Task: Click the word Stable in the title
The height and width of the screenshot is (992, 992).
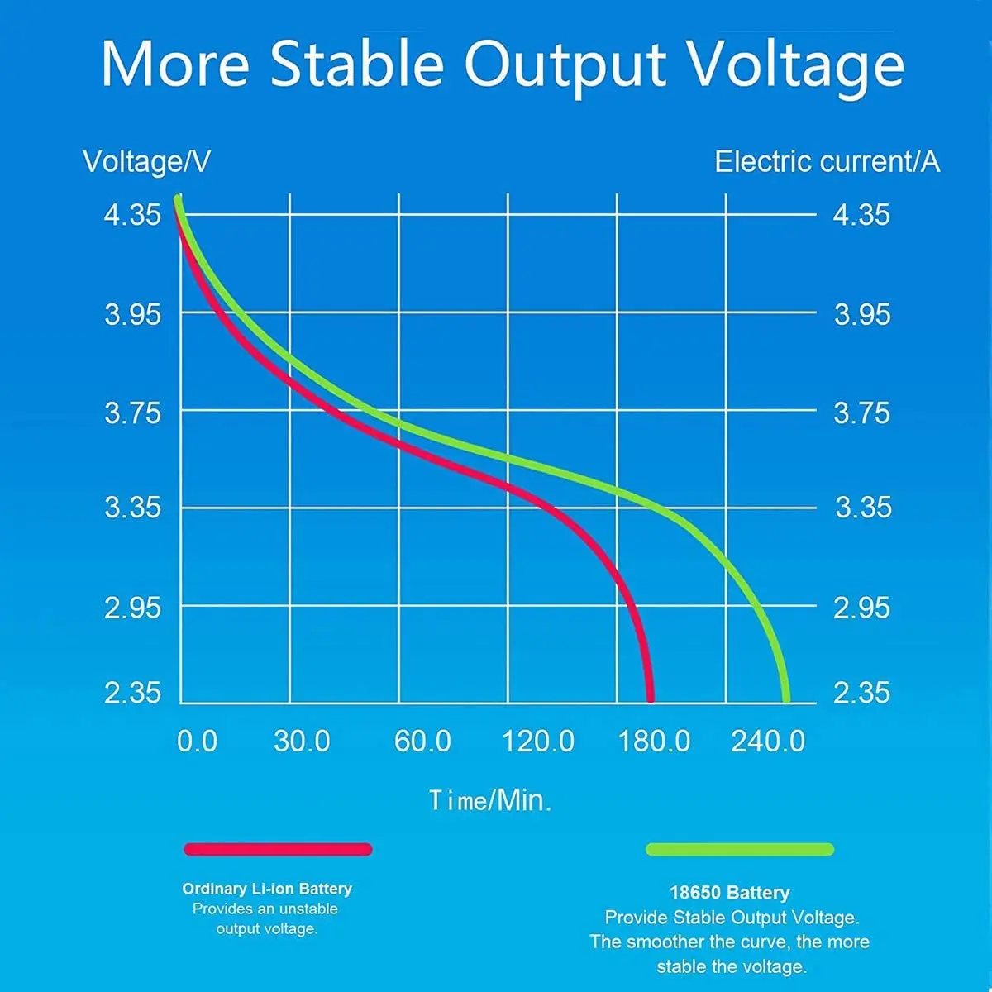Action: [x=357, y=64]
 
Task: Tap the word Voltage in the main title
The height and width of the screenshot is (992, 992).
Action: [x=796, y=64]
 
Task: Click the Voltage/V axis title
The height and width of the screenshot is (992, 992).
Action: [x=146, y=161]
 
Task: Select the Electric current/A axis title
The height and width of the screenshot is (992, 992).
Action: [x=827, y=161]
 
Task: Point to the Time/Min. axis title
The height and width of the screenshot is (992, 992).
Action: [x=490, y=800]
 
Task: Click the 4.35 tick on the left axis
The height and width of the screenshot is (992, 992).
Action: [x=132, y=215]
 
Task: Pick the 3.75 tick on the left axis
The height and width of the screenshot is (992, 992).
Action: [x=132, y=412]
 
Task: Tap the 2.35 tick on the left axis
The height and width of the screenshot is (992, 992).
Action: [x=132, y=692]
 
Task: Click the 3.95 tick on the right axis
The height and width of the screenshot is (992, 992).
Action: [x=862, y=314]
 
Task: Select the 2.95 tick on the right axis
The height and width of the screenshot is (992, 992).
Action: [x=862, y=608]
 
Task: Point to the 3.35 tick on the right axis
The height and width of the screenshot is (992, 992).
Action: [x=863, y=507]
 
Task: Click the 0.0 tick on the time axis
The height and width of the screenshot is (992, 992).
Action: [x=197, y=741]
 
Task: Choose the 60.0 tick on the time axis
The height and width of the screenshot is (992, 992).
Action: [x=422, y=741]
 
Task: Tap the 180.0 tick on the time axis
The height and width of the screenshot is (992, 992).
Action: [x=654, y=741]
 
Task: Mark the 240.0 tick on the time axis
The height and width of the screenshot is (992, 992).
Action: [x=768, y=741]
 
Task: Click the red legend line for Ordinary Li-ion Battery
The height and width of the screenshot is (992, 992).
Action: [x=278, y=849]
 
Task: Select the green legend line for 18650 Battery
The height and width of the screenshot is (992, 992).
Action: [x=739, y=849]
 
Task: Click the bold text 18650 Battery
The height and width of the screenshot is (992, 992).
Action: [x=729, y=893]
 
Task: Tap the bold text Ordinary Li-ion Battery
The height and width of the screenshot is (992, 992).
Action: [x=267, y=889]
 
